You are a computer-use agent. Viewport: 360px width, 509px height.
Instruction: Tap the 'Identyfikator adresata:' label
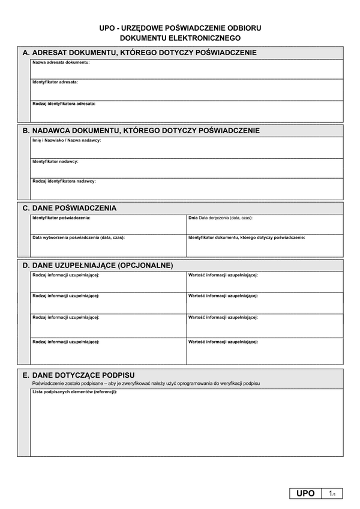pos(55,82)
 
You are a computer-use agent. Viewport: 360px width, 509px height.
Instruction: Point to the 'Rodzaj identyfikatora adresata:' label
pos(64,103)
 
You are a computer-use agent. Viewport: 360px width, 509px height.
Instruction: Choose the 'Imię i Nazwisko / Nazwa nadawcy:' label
pos(67,140)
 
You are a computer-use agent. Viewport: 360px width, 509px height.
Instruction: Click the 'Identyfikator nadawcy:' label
pos(55,161)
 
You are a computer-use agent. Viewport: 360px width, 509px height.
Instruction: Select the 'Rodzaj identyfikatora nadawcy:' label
pos(64,180)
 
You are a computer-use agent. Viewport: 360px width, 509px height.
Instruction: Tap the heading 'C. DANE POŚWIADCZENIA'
pos(70,208)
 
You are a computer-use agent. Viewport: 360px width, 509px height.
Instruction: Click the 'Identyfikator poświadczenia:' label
pos(61,218)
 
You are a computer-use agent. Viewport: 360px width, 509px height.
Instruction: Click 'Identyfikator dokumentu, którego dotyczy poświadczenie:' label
pos(247,237)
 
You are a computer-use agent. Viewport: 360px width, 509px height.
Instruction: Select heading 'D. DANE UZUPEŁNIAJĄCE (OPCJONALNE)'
pos(98,264)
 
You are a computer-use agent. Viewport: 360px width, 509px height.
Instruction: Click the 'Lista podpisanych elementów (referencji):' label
pos(75,391)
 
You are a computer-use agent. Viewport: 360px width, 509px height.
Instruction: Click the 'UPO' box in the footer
pos(305,493)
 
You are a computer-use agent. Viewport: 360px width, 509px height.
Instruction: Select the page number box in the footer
pos(331,493)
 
